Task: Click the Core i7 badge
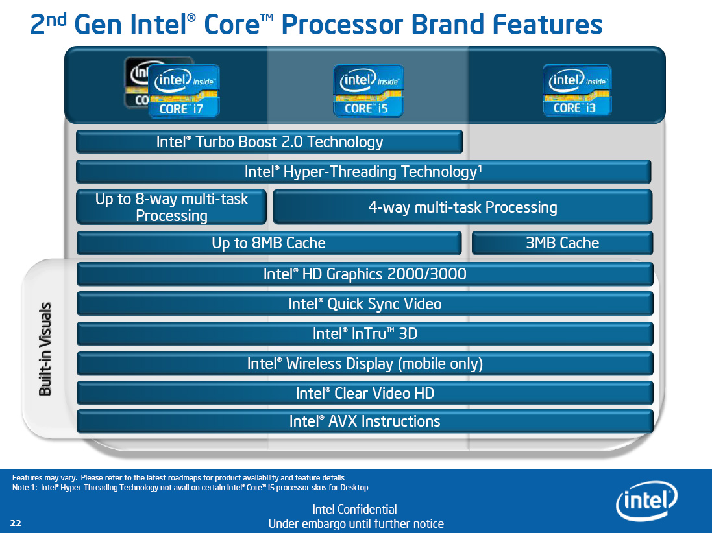(x=184, y=91)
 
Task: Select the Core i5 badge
(x=368, y=91)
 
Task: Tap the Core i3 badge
(x=577, y=90)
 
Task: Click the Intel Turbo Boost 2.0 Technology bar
(x=269, y=142)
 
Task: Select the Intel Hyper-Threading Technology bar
(x=363, y=172)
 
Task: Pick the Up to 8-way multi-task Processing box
(x=171, y=207)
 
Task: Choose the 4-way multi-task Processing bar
(x=462, y=207)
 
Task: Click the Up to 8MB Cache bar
(x=269, y=243)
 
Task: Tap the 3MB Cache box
(x=562, y=243)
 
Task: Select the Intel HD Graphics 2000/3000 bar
(x=365, y=274)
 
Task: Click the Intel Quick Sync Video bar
(x=365, y=304)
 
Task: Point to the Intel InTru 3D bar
(x=365, y=334)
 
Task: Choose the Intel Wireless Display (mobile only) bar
(x=365, y=364)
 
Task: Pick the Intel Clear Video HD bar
(x=365, y=394)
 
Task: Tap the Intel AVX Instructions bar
(x=365, y=421)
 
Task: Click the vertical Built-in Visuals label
(x=45, y=349)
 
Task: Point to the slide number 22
(x=16, y=523)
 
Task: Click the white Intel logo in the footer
(x=646, y=501)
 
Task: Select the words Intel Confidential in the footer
(x=354, y=510)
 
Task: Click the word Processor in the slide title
(x=343, y=25)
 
